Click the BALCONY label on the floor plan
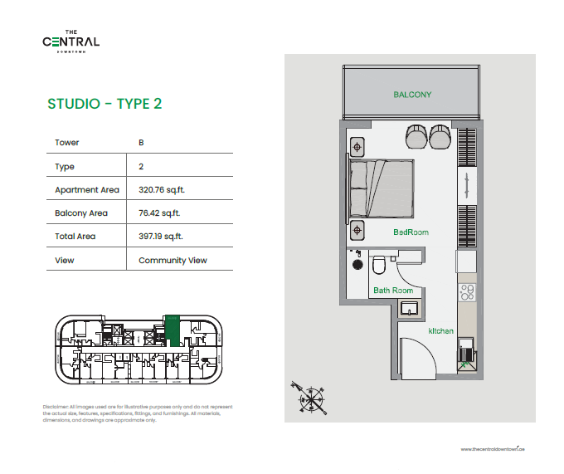tap(412, 95)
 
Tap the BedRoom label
tap(411, 232)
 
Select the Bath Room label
tap(392, 291)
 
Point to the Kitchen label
tap(440, 331)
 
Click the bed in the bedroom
tap(382, 188)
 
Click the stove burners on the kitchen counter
tap(467, 292)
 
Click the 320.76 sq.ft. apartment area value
tap(161, 190)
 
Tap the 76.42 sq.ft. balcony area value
tap(159, 213)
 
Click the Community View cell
tap(173, 260)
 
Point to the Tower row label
tap(67, 143)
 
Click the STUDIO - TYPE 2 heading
tap(105, 104)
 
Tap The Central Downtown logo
tap(71, 41)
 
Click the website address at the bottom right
tap(493, 449)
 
